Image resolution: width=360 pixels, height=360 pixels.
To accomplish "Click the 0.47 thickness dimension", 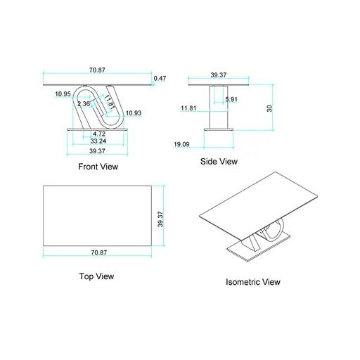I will (x=160, y=78).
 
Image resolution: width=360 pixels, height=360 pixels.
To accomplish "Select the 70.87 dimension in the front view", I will (x=98, y=70).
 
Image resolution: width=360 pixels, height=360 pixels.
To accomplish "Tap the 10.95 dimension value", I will (x=63, y=94).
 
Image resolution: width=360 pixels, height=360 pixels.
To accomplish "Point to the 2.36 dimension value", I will (x=83, y=104).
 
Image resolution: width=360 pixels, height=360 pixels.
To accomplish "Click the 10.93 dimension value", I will (x=133, y=113).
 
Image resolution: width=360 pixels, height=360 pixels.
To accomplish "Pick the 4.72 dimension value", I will (x=99, y=133).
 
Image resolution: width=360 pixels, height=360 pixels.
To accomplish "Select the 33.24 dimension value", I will (x=98, y=141).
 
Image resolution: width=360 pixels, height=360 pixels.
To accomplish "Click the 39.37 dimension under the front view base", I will (x=97, y=150).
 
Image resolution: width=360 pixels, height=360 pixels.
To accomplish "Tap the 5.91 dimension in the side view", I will (x=231, y=99).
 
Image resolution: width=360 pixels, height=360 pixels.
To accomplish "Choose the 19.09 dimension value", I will (x=182, y=144).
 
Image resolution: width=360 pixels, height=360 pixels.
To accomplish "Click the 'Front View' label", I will (x=98, y=167).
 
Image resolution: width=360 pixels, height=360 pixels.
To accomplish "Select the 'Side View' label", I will (x=219, y=161).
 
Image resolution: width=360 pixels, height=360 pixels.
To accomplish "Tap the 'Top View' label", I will (x=96, y=276).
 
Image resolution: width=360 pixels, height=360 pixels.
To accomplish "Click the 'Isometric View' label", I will (x=252, y=282).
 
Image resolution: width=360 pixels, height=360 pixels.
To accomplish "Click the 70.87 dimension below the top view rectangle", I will (x=98, y=252).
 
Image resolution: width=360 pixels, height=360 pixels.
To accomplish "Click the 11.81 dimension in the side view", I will (x=188, y=108).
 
